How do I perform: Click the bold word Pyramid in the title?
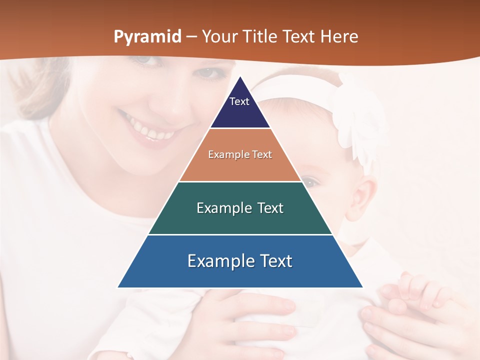(x=147, y=37)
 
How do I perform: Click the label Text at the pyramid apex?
(x=239, y=101)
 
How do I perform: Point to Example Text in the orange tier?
(x=240, y=154)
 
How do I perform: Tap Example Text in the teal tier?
(x=240, y=208)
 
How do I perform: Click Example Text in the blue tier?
(x=240, y=261)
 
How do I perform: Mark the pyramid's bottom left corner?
(x=118, y=287)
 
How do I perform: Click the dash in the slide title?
(x=191, y=37)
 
